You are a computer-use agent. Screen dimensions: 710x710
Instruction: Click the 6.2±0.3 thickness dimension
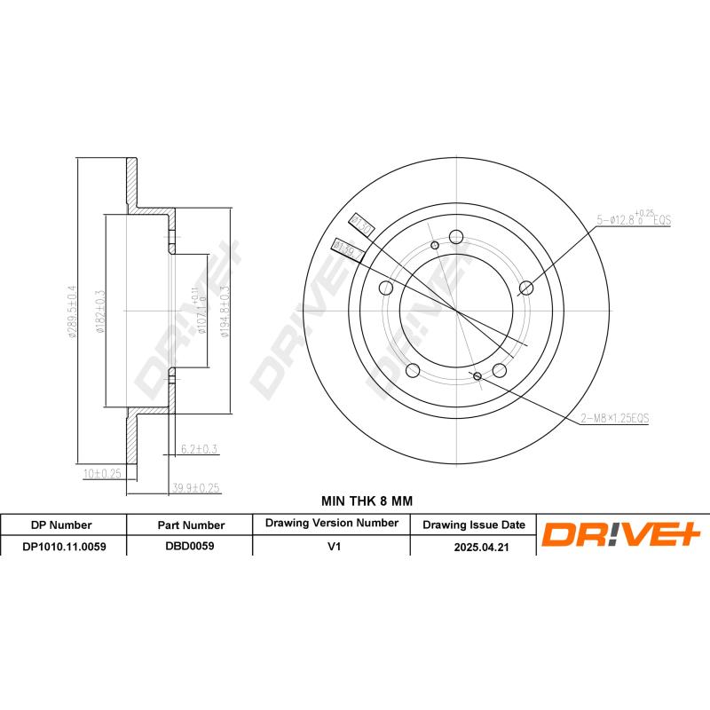pos(199,449)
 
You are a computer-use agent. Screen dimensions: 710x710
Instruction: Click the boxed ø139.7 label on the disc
pos(343,249)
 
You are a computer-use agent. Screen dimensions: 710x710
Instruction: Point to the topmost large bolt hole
pos(456,236)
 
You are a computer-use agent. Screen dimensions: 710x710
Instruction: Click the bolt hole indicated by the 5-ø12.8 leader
pos(526,287)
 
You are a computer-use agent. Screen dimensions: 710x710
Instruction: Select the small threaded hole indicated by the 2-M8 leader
pos(478,377)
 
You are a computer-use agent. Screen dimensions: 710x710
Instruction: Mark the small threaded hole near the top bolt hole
pos(434,245)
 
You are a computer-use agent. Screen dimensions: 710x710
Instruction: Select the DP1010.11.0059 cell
pos(63,548)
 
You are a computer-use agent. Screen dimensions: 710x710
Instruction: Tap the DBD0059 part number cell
pos(190,548)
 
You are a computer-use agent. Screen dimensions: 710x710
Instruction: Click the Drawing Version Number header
pos(331,524)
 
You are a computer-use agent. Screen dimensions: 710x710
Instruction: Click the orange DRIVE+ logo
pos(621,534)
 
